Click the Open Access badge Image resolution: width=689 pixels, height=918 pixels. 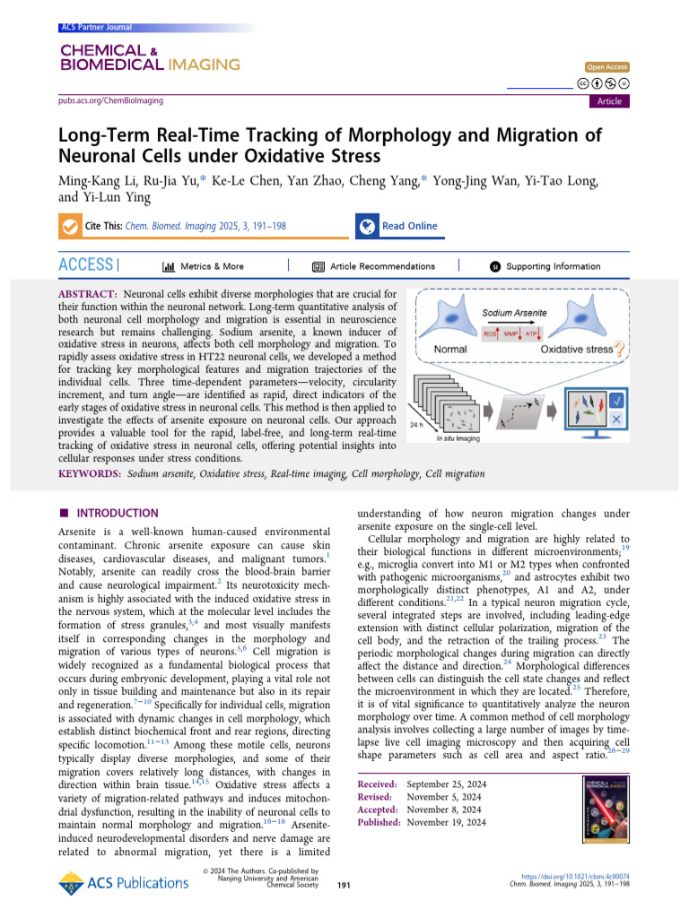607,67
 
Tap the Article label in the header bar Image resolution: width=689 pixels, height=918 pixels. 609,101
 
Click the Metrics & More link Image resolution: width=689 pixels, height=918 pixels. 204,266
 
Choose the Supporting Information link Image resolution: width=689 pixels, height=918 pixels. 545,266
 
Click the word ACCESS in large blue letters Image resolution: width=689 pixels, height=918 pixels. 86,265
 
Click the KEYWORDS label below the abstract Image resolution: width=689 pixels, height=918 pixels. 90,473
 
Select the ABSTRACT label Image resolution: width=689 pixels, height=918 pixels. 88,294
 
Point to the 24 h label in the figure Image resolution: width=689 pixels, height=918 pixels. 415,425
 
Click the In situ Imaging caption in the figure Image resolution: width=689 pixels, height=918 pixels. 456,438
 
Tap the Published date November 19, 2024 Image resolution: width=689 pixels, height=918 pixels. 446,822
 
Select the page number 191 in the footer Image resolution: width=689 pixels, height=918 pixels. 344,885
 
